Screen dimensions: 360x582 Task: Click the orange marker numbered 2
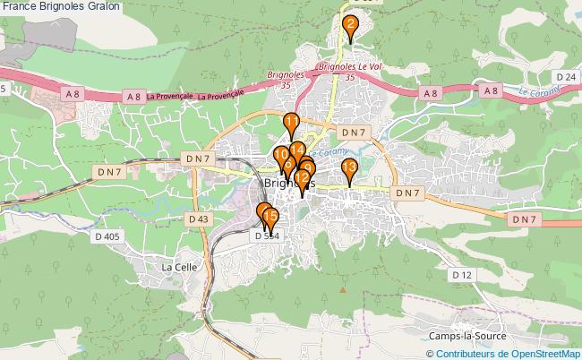pyautogui.click(x=350, y=24)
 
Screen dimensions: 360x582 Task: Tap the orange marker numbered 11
pyautogui.click(x=291, y=124)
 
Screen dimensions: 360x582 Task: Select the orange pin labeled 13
pyautogui.click(x=349, y=167)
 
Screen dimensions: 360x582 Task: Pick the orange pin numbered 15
pyautogui.click(x=270, y=217)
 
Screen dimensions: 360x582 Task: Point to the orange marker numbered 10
pyautogui.click(x=281, y=156)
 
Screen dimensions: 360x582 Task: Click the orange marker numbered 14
pyautogui.click(x=298, y=150)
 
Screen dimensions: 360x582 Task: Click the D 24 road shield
pyautogui.click(x=565, y=78)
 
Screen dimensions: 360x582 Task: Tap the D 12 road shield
pyautogui.click(x=461, y=275)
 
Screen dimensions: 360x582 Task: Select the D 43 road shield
pyautogui.click(x=199, y=219)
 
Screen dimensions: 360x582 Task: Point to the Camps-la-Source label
pyautogui.click(x=466, y=336)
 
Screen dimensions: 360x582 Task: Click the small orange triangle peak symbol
pyautogui.click(x=342, y=290)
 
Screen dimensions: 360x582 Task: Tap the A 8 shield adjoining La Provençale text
pyautogui.click(x=134, y=96)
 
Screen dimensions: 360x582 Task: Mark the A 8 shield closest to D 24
pyautogui.click(x=491, y=91)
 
